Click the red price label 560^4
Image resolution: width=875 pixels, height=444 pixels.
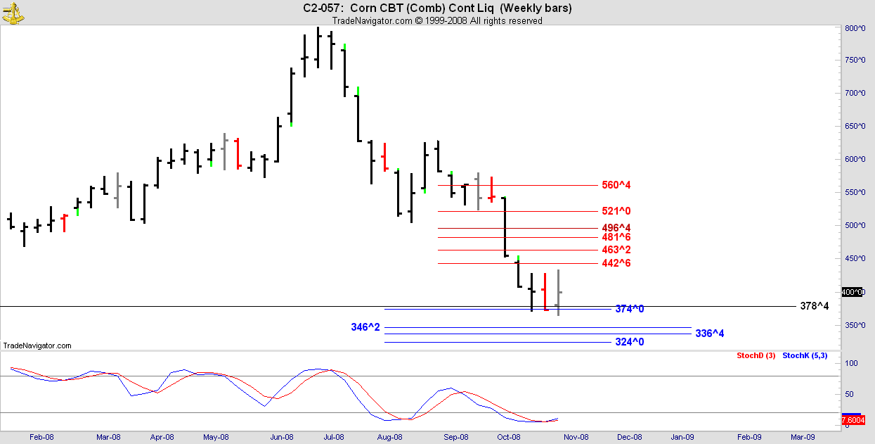click(x=616, y=185)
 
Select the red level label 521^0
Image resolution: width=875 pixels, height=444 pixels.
click(x=616, y=211)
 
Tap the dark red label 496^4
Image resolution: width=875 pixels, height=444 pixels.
click(x=616, y=228)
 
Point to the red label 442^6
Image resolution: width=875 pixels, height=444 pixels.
click(x=616, y=263)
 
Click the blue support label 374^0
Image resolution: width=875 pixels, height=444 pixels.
click(x=630, y=309)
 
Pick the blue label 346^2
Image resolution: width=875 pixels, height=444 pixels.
click(x=365, y=327)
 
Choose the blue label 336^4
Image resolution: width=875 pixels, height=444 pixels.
click(x=710, y=334)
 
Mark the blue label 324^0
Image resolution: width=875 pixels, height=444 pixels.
click(x=630, y=342)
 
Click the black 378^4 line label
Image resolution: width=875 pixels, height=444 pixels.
click(x=815, y=306)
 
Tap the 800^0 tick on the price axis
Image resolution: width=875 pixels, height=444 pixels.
click(x=855, y=29)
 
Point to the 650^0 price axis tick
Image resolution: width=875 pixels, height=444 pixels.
click(x=855, y=127)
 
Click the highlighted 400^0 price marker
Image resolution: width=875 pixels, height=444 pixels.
click(x=853, y=292)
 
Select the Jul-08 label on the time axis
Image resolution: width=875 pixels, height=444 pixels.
click(x=334, y=438)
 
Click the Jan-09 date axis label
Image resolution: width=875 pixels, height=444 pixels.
click(x=682, y=438)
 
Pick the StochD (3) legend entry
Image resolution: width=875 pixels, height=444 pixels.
click(x=756, y=356)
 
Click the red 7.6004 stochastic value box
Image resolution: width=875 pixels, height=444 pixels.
click(x=853, y=421)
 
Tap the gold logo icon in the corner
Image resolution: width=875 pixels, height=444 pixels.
click(x=13, y=13)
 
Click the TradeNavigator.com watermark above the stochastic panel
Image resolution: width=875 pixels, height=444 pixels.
click(x=37, y=345)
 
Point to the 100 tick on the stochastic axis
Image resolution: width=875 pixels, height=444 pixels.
click(x=851, y=363)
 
